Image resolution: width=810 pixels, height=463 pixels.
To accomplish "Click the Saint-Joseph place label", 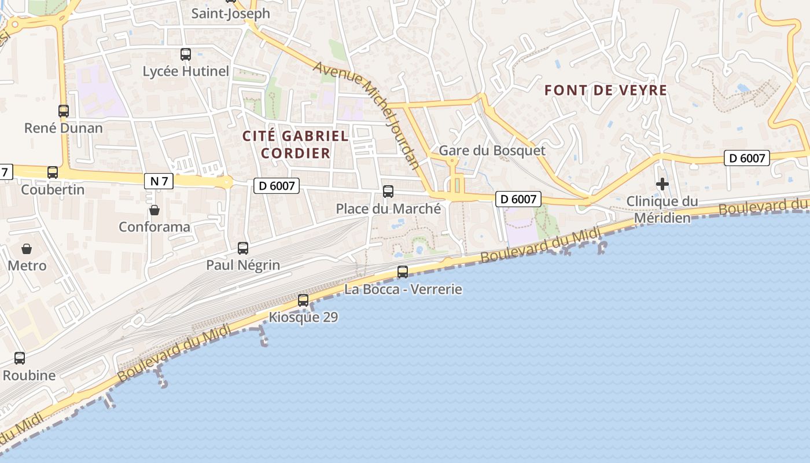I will (230, 13).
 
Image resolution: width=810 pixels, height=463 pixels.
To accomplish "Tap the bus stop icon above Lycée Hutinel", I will (186, 54).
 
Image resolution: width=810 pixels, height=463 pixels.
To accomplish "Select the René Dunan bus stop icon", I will (64, 111).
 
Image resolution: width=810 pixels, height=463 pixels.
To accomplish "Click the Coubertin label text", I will (53, 190).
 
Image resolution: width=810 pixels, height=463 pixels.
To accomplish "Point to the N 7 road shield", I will (159, 181).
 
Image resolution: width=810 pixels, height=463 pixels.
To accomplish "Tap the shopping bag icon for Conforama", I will (154, 210).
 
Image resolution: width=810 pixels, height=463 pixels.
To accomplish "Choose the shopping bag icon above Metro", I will (27, 249).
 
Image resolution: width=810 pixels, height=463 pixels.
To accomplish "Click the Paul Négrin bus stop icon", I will (243, 248).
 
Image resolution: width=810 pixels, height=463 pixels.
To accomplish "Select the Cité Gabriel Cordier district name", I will (296, 145).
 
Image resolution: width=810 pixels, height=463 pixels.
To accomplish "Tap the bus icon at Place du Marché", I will (388, 192).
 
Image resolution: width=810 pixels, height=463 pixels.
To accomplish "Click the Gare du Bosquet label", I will (492, 150).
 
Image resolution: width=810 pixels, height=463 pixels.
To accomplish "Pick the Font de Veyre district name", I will (606, 90).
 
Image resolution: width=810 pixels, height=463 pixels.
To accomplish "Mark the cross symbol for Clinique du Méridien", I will (662, 184).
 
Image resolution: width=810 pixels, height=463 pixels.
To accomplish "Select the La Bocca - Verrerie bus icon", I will (403, 271).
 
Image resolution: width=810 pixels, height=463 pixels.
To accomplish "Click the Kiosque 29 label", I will (303, 317).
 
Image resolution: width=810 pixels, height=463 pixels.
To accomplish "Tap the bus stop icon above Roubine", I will (20, 358).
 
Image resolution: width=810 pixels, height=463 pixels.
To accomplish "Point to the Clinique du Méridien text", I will (662, 210).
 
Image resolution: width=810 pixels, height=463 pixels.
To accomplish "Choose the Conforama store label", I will (154, 227).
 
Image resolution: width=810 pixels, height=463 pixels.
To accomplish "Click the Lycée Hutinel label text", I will (186, 71).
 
